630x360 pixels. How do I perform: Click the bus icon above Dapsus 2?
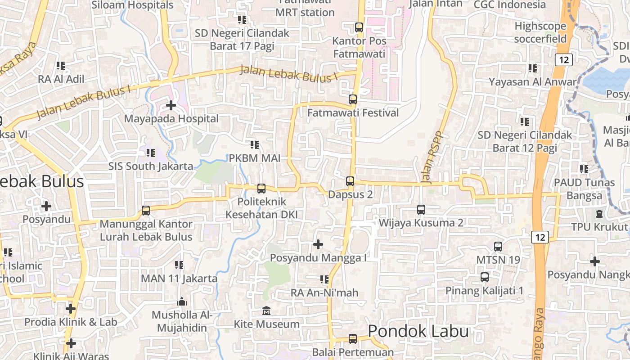tap(350, 181)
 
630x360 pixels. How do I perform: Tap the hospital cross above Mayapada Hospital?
tap(171, 105)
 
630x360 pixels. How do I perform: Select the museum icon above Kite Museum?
tap(266, 311)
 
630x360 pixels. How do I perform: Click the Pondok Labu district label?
tap(418, 332)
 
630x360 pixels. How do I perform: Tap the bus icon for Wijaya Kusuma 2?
tap(421, 210)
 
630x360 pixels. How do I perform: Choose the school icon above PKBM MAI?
tap(255, 145)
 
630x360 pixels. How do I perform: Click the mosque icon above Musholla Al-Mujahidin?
tap(182, 301)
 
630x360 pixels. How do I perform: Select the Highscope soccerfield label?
tap(540, 32)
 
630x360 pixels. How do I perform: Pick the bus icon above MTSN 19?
tap(498, 247)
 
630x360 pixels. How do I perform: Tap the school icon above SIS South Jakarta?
tap(150, 153)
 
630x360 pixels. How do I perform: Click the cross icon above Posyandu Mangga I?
tap(318, 244)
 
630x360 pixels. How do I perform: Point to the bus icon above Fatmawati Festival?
tap(353, 99)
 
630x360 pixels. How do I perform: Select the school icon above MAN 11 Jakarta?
tap(179, 265)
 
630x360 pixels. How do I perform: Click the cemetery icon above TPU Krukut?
tap(599, 213)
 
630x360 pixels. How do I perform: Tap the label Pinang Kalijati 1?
tap(485, 291)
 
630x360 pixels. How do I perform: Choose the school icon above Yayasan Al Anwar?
tap(533, 68)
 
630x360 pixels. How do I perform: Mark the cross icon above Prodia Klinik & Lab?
tap(71, 309)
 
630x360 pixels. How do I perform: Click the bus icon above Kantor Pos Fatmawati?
tap(359, 27)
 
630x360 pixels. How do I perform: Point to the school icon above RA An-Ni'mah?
tap(324, 279)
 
